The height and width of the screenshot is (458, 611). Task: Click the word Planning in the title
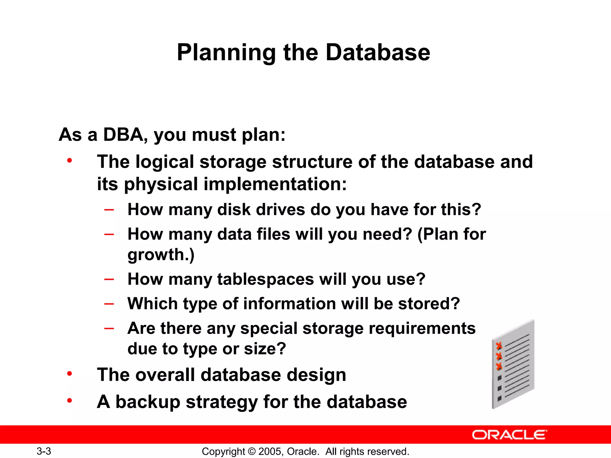(226, 53)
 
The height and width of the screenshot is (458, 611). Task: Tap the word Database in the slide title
(378, 53)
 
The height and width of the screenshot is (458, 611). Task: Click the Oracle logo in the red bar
(509, 435)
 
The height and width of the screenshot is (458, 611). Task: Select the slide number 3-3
(44, 451)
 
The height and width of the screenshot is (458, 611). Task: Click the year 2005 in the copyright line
(270, 451)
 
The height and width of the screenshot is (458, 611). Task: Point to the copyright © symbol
(252, 451)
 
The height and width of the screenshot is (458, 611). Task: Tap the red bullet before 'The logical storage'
(70, 161)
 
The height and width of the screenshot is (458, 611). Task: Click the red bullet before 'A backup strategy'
(70, 400)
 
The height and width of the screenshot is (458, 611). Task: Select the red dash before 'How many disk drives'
(109, 210)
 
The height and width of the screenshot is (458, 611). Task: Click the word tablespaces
(266, 279)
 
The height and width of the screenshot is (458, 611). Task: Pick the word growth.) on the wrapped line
(161, 255)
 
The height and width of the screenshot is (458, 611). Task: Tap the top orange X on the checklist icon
(499, 346)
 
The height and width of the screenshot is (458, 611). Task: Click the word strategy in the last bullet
(222, 402)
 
